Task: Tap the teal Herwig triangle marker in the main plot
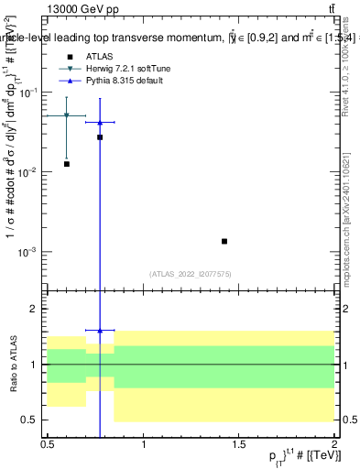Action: [67, 115]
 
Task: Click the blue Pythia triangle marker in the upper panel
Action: [100, 122]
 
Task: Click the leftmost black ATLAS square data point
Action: [67, 164]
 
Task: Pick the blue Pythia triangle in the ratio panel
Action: [100, 330]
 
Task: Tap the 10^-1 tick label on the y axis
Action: [31, 93]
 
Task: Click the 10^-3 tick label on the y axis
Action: [31, 252]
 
